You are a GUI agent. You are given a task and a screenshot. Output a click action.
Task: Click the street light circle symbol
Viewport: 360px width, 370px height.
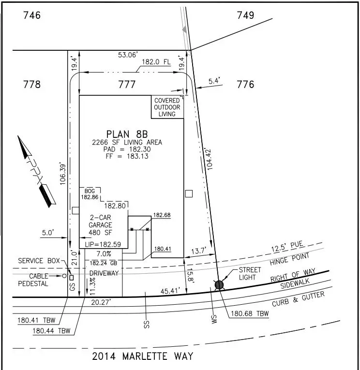point(219,285)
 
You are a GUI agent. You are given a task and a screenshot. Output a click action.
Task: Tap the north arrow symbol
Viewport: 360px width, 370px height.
point(37,172)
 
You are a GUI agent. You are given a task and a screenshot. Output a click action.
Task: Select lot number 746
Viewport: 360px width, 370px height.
point(32,15)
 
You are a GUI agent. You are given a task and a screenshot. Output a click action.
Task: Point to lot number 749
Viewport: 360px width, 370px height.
point(245,15)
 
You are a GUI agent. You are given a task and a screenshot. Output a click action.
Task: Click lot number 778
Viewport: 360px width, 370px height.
point(32,84)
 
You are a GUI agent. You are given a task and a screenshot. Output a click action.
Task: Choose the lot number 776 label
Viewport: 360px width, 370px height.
point(245,84)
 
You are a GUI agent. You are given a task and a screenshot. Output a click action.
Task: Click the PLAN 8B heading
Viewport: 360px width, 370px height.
point(127,134)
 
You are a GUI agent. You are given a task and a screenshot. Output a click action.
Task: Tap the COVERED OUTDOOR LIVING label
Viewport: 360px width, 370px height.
point(167,107)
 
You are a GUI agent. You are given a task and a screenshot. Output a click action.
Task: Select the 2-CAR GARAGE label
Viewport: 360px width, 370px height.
point(100,221)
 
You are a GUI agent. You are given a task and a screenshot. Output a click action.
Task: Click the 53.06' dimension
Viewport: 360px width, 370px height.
point(128,55)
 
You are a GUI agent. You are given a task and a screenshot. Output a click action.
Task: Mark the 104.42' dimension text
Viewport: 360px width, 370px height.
point(209,159)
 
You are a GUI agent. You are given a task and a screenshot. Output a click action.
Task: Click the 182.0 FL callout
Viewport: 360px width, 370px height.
point(156,62)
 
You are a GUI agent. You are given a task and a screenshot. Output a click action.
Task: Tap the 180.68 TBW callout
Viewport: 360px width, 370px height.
point(250,313)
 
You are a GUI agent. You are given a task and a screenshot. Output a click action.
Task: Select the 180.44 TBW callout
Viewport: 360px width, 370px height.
point(51,331)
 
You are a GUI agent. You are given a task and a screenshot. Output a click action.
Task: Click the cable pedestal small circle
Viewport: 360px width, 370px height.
point(64,276)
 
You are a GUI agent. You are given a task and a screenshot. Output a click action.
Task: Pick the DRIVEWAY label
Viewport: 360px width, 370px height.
point(104,273)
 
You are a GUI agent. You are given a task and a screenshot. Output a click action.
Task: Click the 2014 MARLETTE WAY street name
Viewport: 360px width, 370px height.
point(143,356)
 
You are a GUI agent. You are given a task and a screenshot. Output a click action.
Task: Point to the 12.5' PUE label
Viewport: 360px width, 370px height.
point(287,247)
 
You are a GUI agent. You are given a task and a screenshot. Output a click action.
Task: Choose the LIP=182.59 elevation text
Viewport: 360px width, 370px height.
point(103,244)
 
